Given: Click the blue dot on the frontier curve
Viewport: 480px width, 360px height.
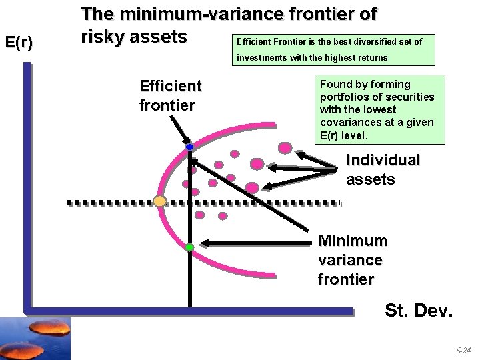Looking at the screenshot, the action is point(189,147).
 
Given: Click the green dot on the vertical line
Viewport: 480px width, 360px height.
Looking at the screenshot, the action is point(189,247).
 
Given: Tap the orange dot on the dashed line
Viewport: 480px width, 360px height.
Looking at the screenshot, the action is point(159,201).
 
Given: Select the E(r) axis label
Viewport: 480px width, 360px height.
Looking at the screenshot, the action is point(19,43).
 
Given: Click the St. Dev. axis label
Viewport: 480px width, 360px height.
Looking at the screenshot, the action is point(418,311).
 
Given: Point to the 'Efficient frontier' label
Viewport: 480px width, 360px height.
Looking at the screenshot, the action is point(170,95).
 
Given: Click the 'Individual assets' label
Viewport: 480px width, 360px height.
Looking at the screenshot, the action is point(383,169).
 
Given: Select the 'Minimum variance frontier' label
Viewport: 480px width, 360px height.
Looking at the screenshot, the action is point(352,259).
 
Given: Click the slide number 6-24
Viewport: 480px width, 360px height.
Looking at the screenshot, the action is point(463,350).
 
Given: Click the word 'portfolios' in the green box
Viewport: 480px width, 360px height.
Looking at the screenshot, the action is point(341,97).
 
